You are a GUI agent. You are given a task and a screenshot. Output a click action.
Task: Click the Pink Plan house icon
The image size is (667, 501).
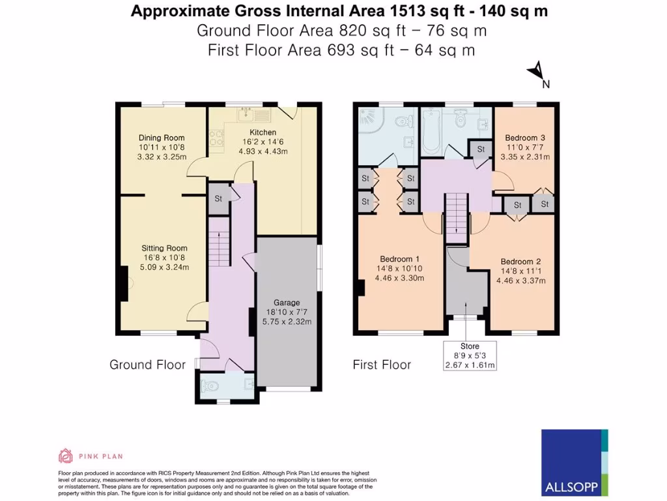[65, 455]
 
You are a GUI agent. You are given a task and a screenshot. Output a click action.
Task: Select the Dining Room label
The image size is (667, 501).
[162, 138]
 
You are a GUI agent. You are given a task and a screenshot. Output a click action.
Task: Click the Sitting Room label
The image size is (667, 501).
[165, 248]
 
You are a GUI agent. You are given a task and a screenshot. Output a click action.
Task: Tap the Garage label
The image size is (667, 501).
[287, 303]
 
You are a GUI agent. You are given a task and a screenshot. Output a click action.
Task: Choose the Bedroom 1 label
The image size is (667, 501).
[399, 259]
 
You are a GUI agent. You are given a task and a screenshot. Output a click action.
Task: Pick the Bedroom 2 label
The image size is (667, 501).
[522, 262]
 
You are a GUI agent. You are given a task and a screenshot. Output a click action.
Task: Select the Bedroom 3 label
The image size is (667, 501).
[525, 138]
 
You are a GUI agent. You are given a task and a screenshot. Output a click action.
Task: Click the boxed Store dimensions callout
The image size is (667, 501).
[470, 356]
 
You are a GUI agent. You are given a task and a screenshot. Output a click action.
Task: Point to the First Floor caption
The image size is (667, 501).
[382, 365]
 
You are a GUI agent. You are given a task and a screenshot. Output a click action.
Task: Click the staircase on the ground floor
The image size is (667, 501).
[219, 241]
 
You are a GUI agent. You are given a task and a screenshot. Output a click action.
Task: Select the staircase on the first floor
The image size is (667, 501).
[456, 214]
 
